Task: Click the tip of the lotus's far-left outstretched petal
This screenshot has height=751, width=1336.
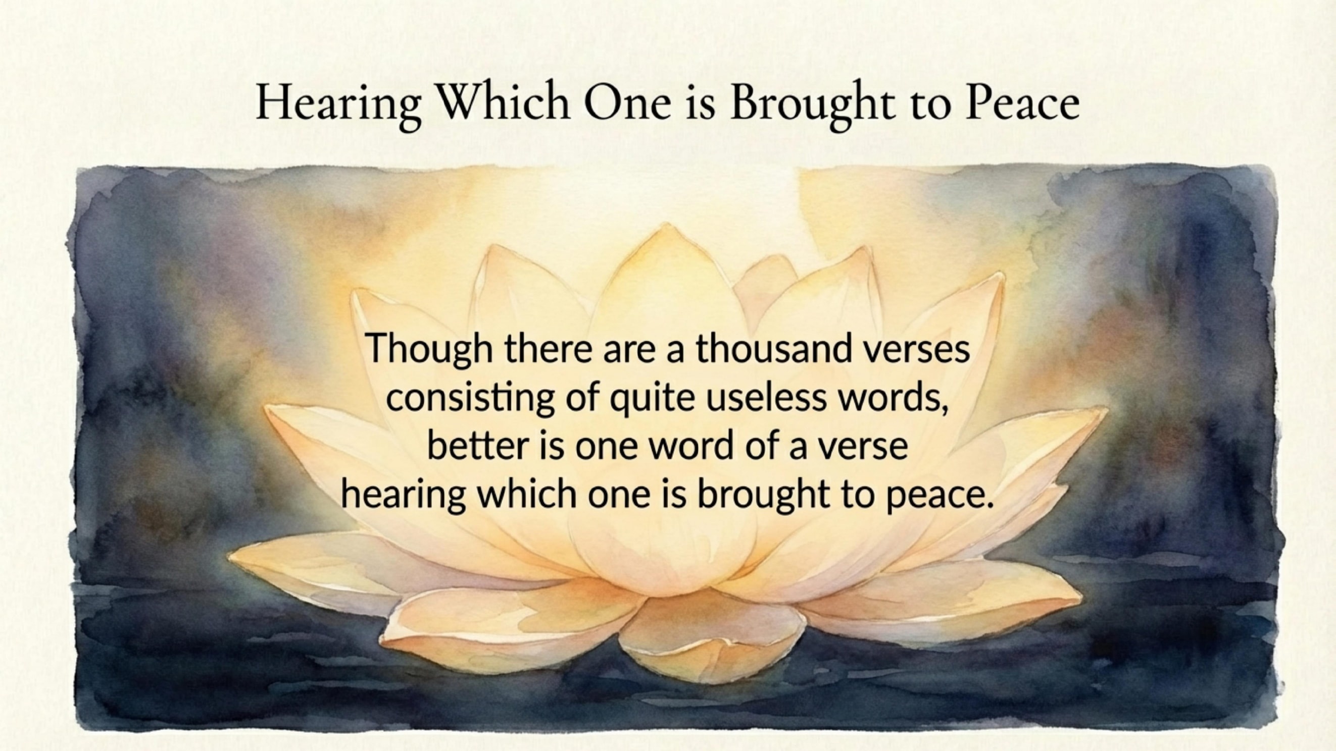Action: [x=229, y=558]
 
